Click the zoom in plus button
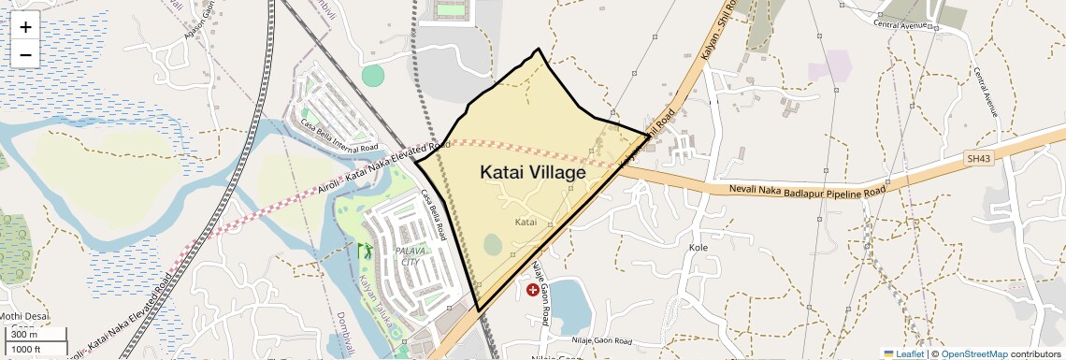(x=25, y=26)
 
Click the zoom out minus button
(x=25, y=54)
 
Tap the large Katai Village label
(x=533, y=172)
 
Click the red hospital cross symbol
(x=533, y=290)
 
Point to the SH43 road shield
(x=979, y=160)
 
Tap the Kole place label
(x=699, y=248)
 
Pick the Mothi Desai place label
(x=28, y=315)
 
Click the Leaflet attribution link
(x=903, y=353)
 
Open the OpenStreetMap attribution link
(x=973, y=353)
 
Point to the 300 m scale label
(x=24, y=335)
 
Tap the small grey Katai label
(x=526, y=223)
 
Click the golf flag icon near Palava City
(x=364, y=251)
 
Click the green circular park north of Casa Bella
(x=373, y=76)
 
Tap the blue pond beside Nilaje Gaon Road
(x=573, y=299)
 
